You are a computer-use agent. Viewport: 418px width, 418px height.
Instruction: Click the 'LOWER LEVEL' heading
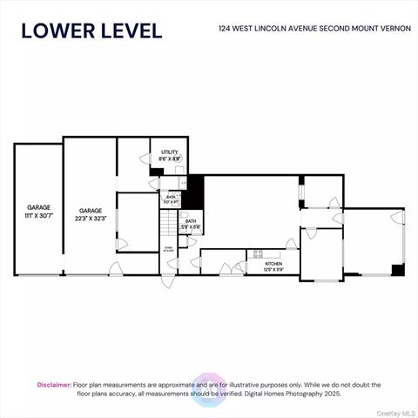[91, 30]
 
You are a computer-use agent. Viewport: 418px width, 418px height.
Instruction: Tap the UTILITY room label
[170, 153]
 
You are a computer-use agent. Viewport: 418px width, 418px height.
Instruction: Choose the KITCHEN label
[273, 263]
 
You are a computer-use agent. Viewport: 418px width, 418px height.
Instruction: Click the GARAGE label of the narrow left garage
[37, 208]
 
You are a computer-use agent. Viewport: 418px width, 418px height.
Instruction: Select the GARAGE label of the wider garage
[90, 211]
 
